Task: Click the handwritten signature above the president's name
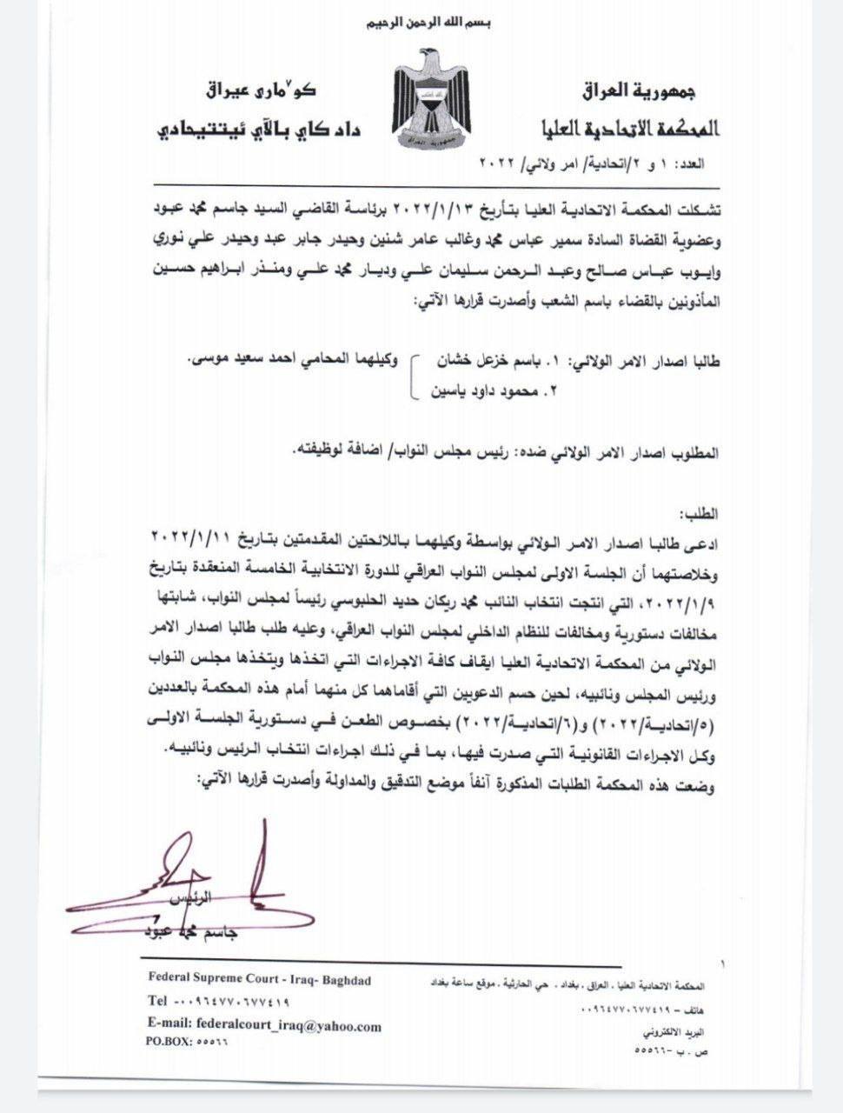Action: point(191,878)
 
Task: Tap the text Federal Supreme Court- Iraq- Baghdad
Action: point(260,981)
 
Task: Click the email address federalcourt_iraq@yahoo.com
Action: point(289,1026)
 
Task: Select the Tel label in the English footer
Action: point(157,1002)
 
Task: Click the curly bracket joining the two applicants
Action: point(415,376)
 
